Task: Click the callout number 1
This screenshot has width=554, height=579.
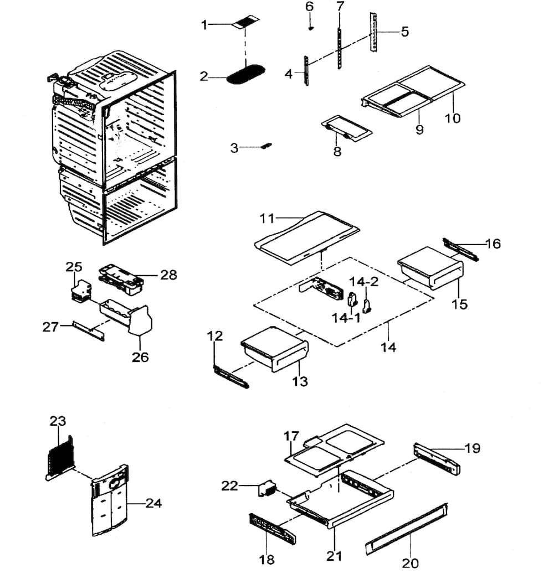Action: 204,24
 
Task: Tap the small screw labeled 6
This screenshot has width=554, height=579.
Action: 311,27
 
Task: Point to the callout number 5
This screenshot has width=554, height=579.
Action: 404,32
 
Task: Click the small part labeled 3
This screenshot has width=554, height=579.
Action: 266,146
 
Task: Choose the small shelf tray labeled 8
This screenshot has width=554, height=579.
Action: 346,128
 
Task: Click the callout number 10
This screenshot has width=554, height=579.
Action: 453,118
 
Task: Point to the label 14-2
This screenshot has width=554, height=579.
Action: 367,282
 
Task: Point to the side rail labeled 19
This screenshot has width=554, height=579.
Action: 437,460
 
